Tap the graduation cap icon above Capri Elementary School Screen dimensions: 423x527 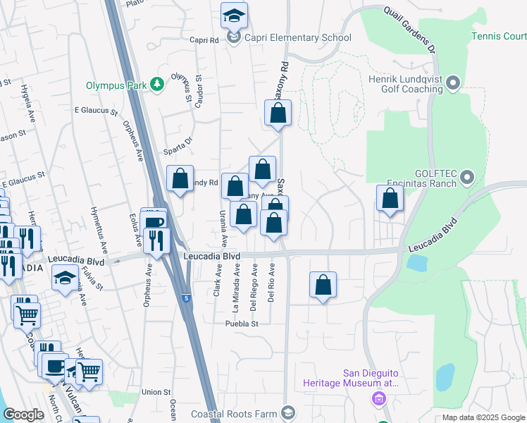[234, 15]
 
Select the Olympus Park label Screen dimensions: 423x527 [116, 85]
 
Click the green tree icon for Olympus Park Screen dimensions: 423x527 [156, 85]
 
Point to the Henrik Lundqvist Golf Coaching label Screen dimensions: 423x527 [405, 85]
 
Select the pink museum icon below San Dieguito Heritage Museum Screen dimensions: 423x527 [379, 400]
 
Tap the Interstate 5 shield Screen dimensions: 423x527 [185, 299]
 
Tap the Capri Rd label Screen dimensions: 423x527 [204, 40]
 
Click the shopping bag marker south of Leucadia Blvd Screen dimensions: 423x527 [323, 285]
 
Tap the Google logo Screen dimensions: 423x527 [23, 415]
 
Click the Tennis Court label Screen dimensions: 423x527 [499, 36]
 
